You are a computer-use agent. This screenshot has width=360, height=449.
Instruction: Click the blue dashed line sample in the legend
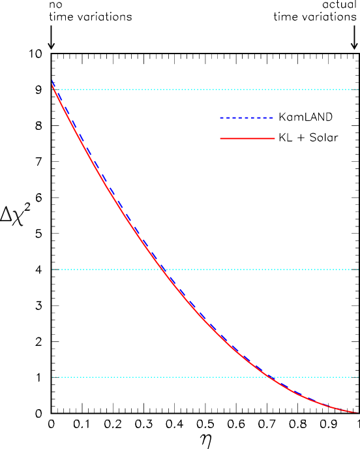coord(247,118)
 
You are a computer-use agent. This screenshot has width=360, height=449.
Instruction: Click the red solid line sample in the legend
coord(247,138)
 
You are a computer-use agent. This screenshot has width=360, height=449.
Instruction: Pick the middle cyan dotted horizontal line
coord(261,270)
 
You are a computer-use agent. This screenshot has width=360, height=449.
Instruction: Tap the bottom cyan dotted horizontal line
coord(163,377)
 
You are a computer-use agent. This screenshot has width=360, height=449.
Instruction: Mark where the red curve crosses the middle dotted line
coord(163,270)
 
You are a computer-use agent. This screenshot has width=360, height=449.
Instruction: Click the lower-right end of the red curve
coord(358,412)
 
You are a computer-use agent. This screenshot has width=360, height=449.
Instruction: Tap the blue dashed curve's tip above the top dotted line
coord(52,81)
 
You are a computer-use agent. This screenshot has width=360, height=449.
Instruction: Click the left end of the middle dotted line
coord(53,270)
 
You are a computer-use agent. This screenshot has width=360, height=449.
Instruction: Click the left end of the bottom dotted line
coord(53,377)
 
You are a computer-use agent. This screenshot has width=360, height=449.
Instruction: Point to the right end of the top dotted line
coord(358,89)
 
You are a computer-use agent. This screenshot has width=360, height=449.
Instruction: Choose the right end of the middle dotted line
coord(358,270)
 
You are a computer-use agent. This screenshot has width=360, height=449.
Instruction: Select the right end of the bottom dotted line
coord(358,377)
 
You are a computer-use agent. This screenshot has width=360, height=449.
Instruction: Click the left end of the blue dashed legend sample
coord(220,118)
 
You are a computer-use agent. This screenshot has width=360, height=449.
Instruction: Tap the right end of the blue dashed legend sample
coord(274,118)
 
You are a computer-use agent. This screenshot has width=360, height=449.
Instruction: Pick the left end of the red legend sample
coord(220,138)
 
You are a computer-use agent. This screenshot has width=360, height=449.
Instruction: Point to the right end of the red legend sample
coord(275,138)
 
